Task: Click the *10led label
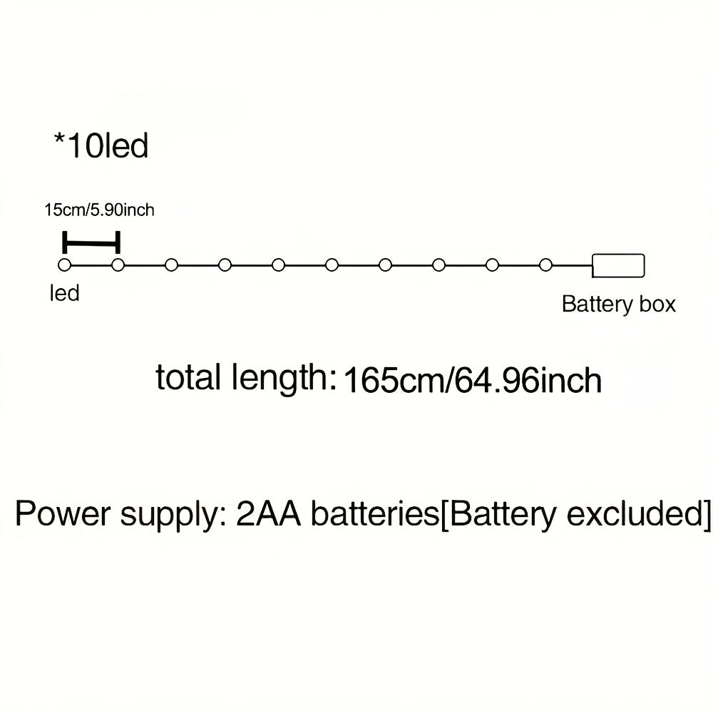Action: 101,145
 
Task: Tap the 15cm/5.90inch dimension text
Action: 99,210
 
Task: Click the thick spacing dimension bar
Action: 91,243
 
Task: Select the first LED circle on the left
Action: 64,265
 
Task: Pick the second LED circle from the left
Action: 118,265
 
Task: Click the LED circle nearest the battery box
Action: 545,265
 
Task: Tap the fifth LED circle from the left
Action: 278,265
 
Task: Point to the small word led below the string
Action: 64,293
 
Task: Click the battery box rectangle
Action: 618,265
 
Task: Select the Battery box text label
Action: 618,304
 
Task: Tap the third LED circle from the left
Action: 171,265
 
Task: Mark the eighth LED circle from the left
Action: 438,265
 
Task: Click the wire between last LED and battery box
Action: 570,265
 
